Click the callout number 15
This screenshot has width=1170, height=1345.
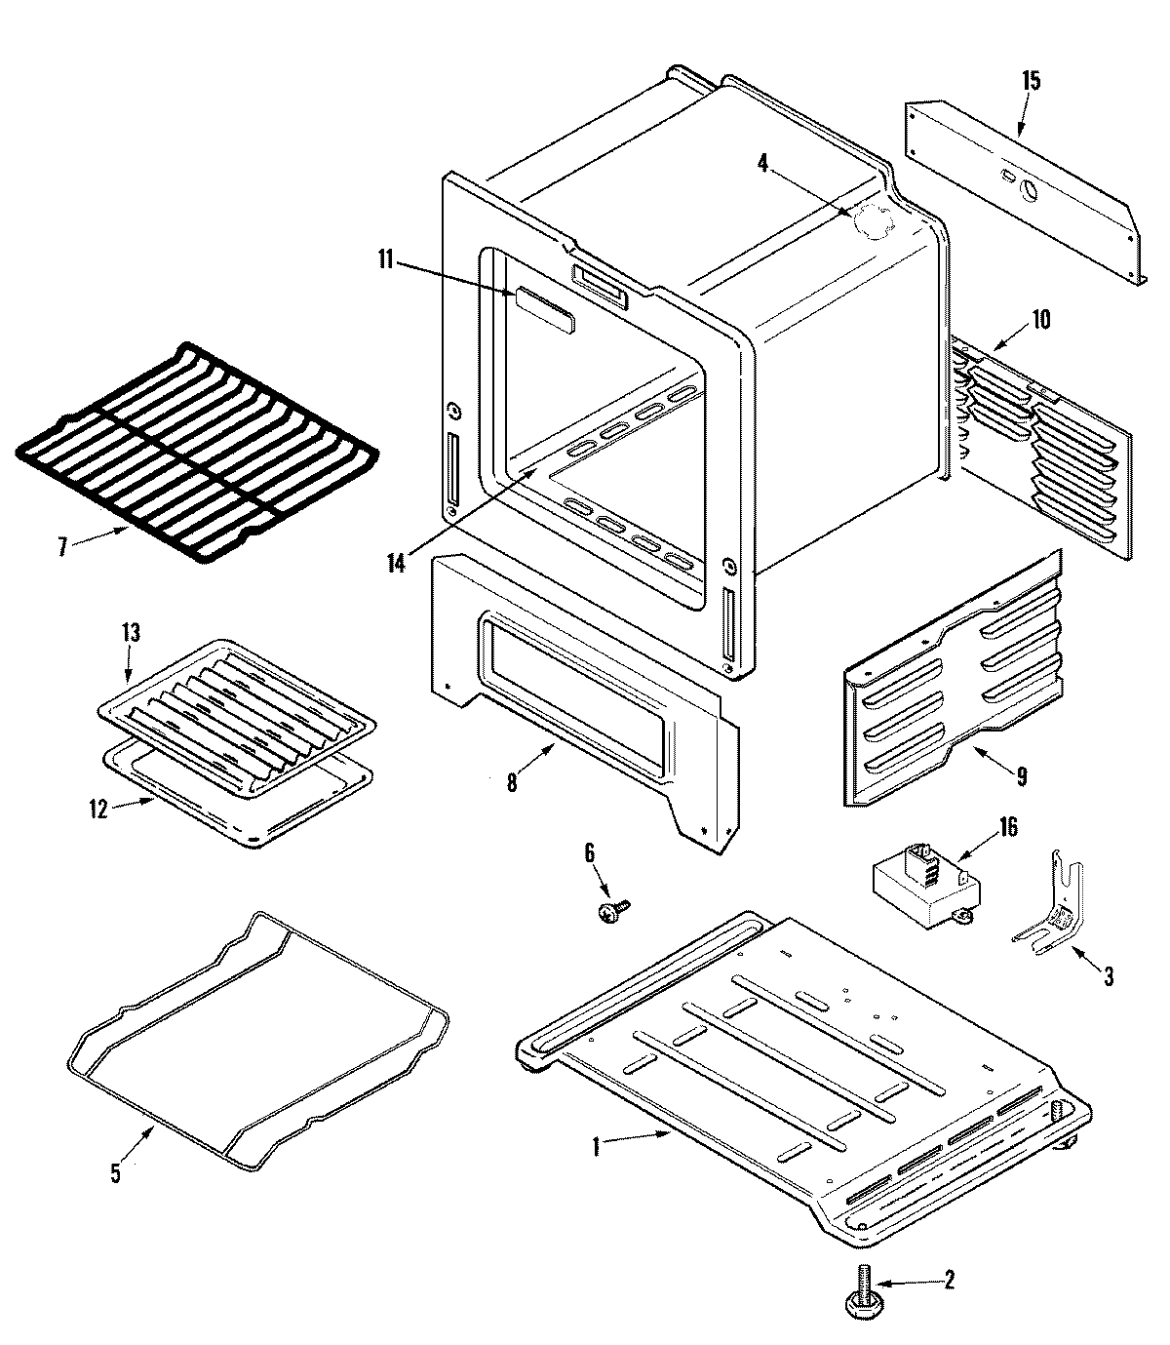pos(1031,81)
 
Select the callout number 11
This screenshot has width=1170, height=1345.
pos(385,259)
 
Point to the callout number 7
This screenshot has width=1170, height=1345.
pos(62,547)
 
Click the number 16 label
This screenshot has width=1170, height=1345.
pos(1007,828)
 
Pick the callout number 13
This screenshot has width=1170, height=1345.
pos(130,633)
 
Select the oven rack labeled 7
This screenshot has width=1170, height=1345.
pos(195,449)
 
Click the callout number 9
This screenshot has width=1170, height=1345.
pos(1021,777)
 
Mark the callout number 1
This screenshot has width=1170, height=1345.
pos(597,1147)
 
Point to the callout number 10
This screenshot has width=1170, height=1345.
pos(1041,319)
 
